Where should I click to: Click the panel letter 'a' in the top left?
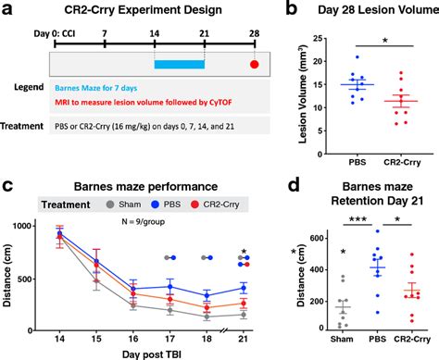tap(7, 9)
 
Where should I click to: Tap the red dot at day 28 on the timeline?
tap(254, 65)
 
